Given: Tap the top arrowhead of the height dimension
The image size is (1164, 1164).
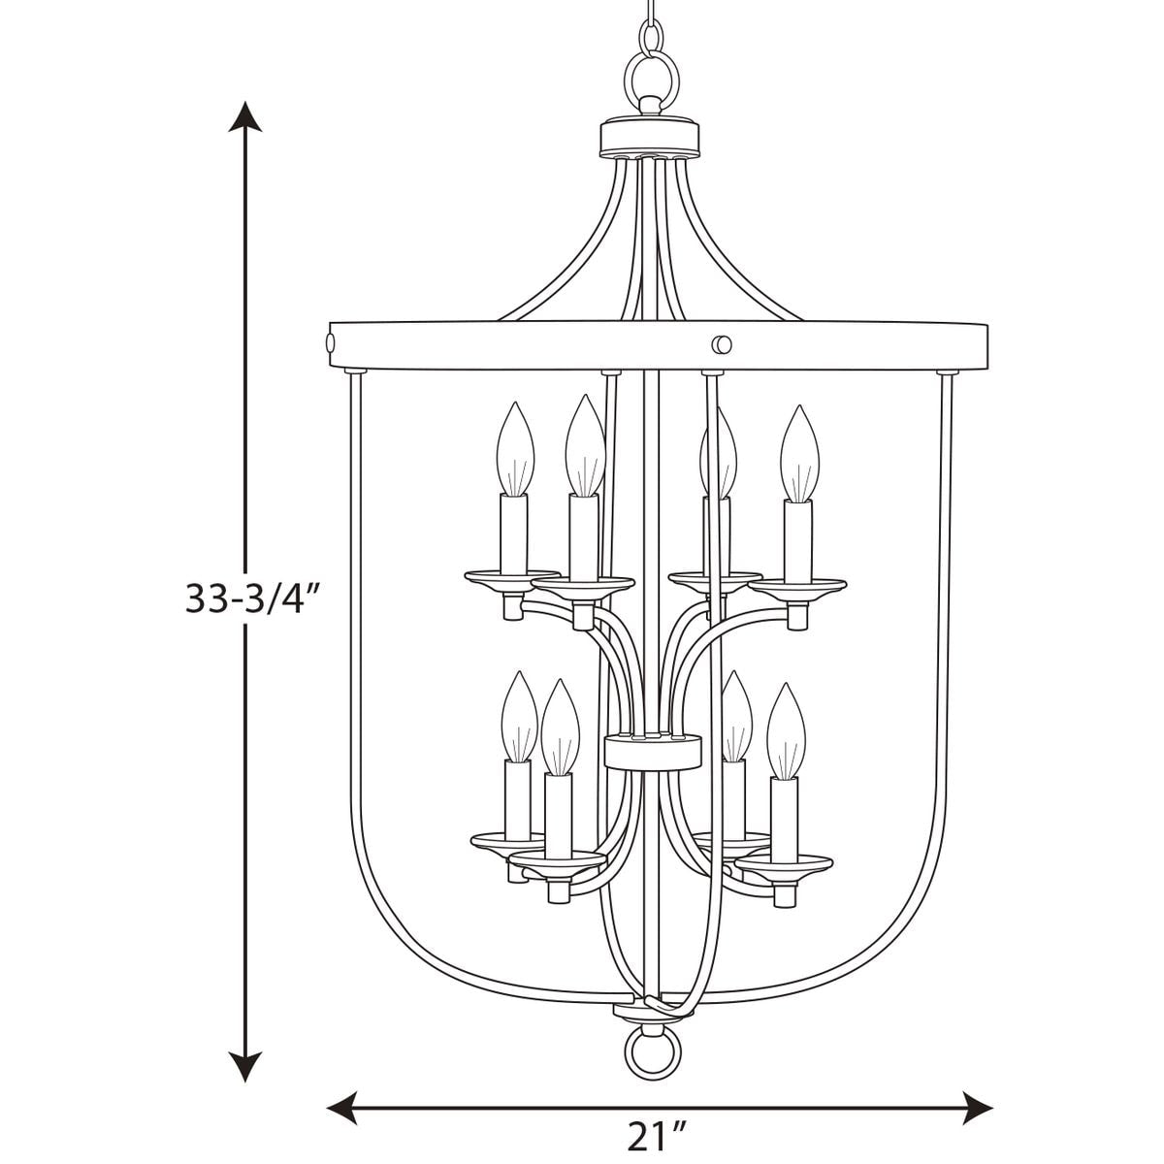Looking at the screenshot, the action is [245, 116].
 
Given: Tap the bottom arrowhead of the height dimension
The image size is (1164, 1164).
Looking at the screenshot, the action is [245, 1065].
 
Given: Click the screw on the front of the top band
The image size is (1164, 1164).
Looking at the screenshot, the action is [722, 345].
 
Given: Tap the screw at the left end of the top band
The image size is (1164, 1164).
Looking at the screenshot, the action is [330, 343].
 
